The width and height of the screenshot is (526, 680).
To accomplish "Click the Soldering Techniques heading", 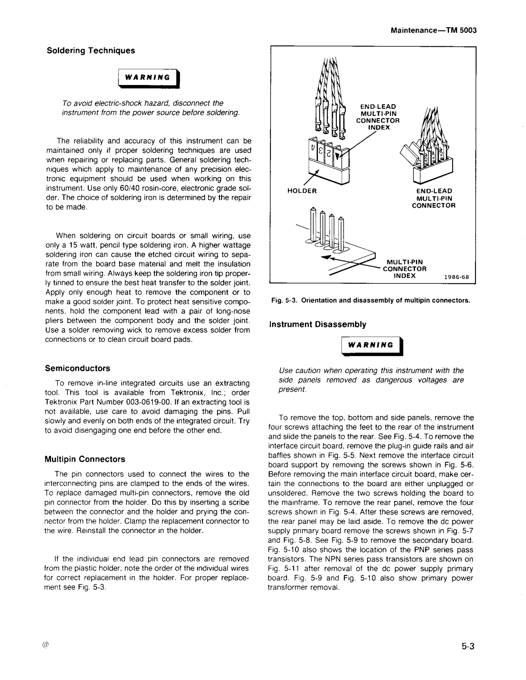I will [x=91, y=51].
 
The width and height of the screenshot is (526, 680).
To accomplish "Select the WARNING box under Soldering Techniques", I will [x=150, y=77].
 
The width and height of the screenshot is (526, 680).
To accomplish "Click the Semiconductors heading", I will [x=77, y=368].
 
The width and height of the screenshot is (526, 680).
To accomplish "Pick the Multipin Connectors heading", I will [x=85, y=459].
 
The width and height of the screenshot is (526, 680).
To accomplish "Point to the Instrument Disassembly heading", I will [x=317, y=324].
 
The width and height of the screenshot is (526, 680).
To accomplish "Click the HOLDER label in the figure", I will [x=302, y=191].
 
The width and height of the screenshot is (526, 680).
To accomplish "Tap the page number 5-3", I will [x=467, y=647].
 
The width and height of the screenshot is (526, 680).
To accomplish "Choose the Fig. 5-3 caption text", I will [x=371, y=300].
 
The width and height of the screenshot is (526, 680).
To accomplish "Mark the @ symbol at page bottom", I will [x=46, y=645].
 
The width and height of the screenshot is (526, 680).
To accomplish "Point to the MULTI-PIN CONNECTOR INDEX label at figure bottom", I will [x=404, y=269].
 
